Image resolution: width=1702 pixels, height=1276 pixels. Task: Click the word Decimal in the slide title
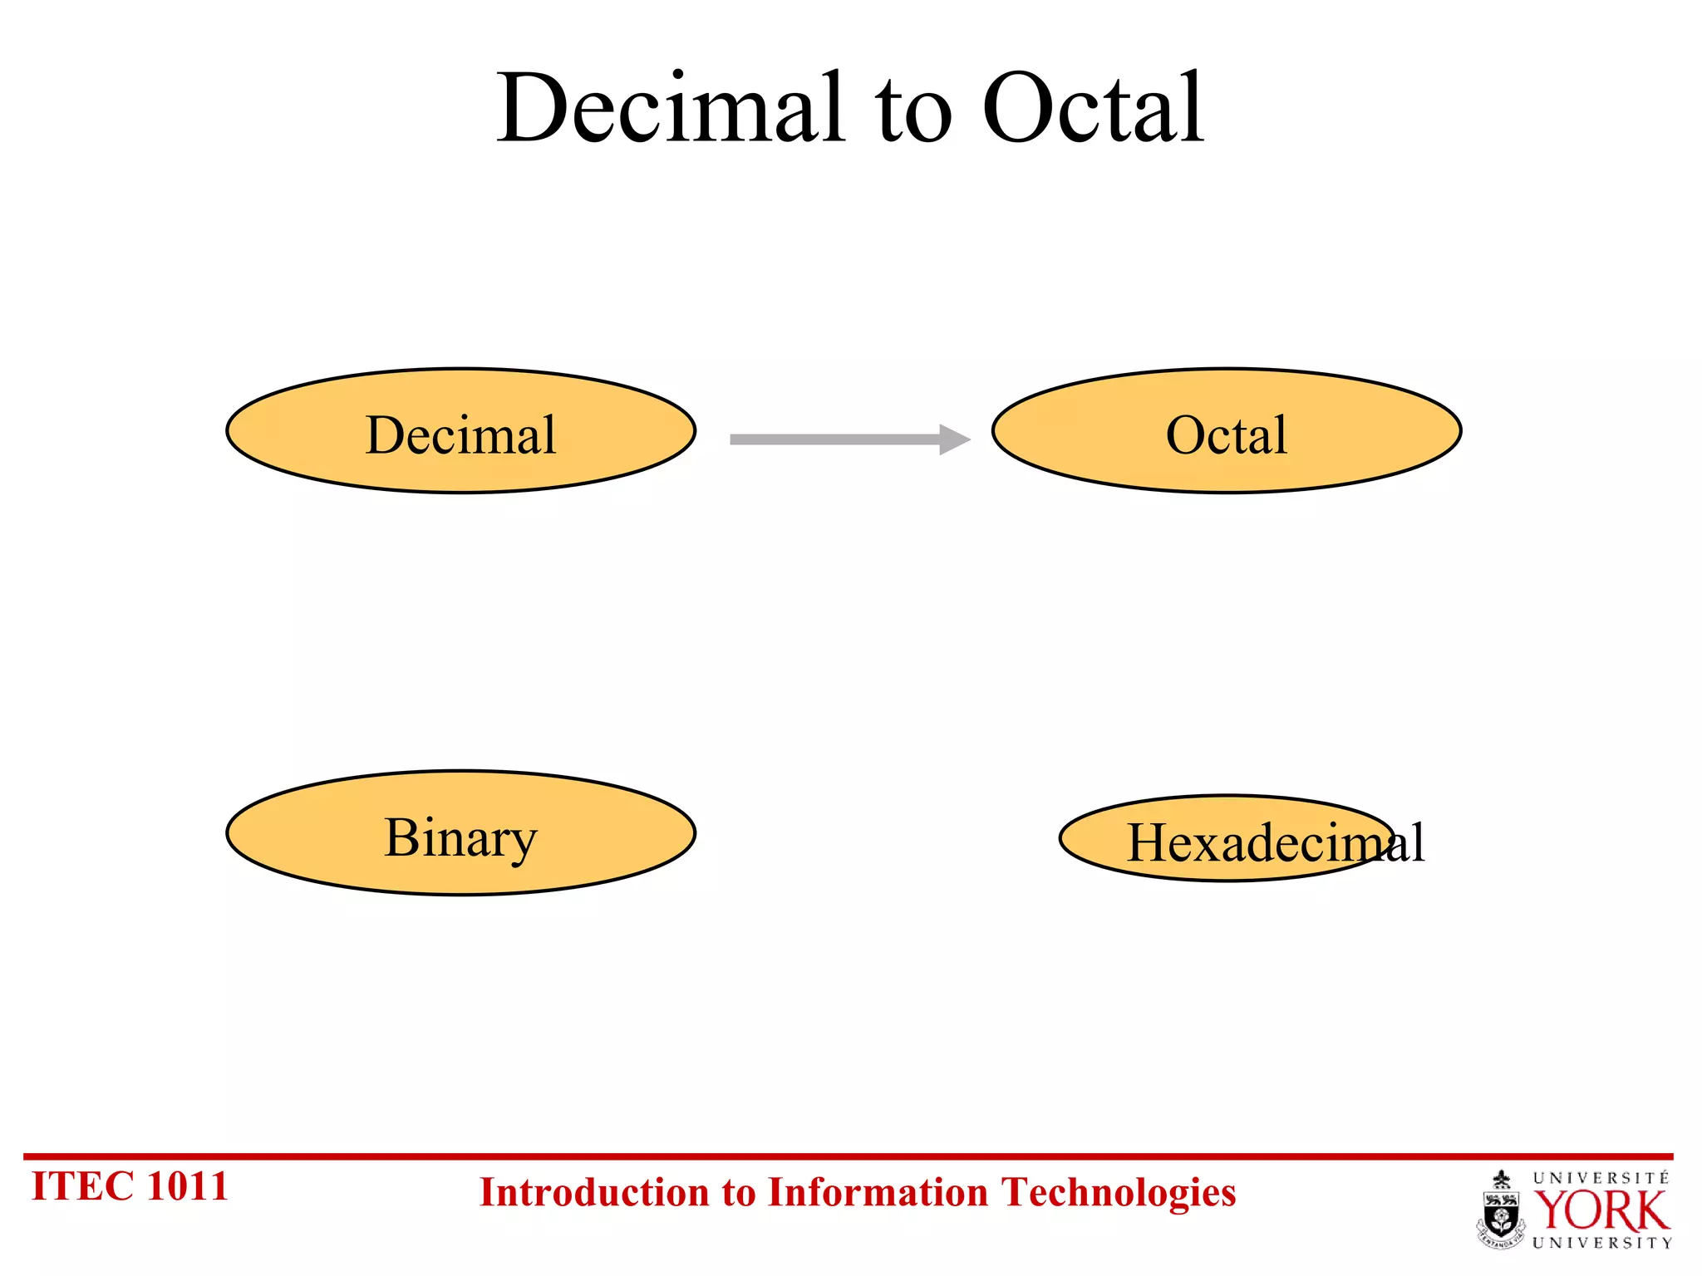(x=670, y=110)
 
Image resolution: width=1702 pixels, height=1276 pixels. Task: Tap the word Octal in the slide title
(x=1093, y=110)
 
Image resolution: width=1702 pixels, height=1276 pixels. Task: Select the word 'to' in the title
(x=912, y=116)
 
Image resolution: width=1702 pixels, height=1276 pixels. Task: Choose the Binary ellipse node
(x=460, y=834)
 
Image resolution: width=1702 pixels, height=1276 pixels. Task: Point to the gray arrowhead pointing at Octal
(x=953, y=439)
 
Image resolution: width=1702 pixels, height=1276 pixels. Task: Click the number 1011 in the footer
(x=186, y=1186)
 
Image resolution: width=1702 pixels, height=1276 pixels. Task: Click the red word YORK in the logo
(x=1600, y=1211)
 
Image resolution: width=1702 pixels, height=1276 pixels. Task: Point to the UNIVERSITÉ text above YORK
(x=1601, y=1178)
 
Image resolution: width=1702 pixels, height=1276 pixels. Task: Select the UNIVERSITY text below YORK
(x=1601, y=1243)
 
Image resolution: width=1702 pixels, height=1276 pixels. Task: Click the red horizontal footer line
(x=848, y=1156)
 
